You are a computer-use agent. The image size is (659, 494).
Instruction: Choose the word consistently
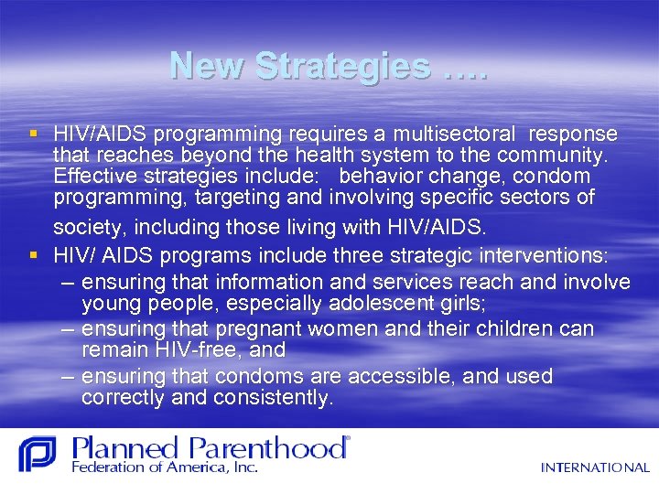point(275,398)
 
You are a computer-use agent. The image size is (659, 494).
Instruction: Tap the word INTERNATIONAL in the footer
point(595,467)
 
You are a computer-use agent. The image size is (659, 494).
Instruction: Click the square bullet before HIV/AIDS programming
point(34,134)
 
